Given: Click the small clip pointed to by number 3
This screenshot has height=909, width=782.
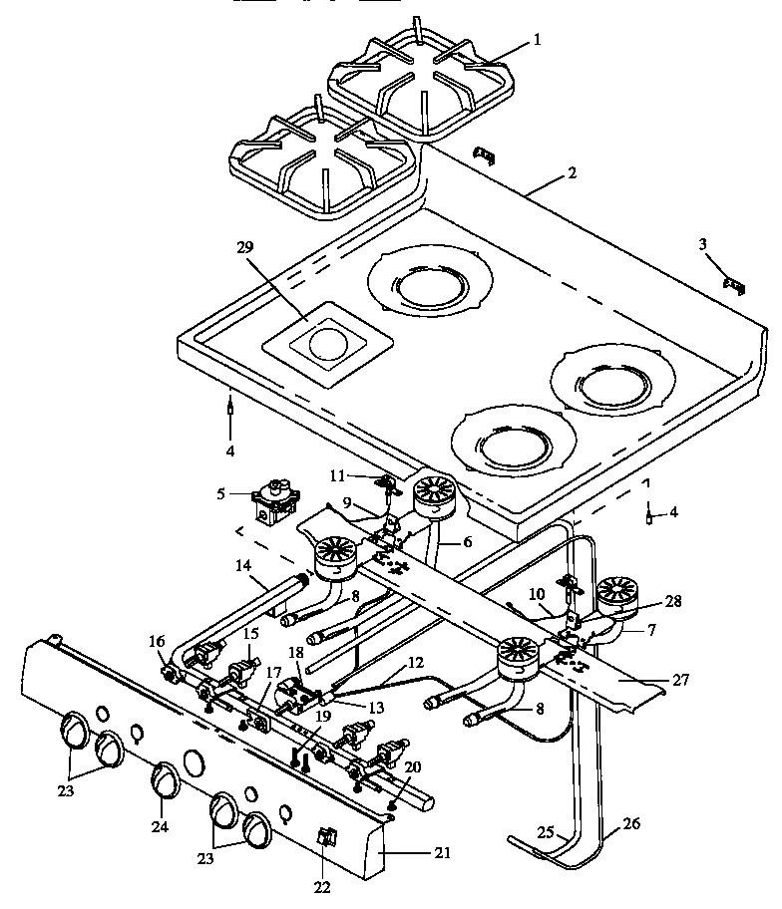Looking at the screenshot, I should point(735,286).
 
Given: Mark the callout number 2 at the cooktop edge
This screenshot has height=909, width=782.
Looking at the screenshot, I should point(572,172).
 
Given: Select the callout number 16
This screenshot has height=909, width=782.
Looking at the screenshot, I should point(157,640).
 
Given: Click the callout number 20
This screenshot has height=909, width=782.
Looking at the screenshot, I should point(412,765).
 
